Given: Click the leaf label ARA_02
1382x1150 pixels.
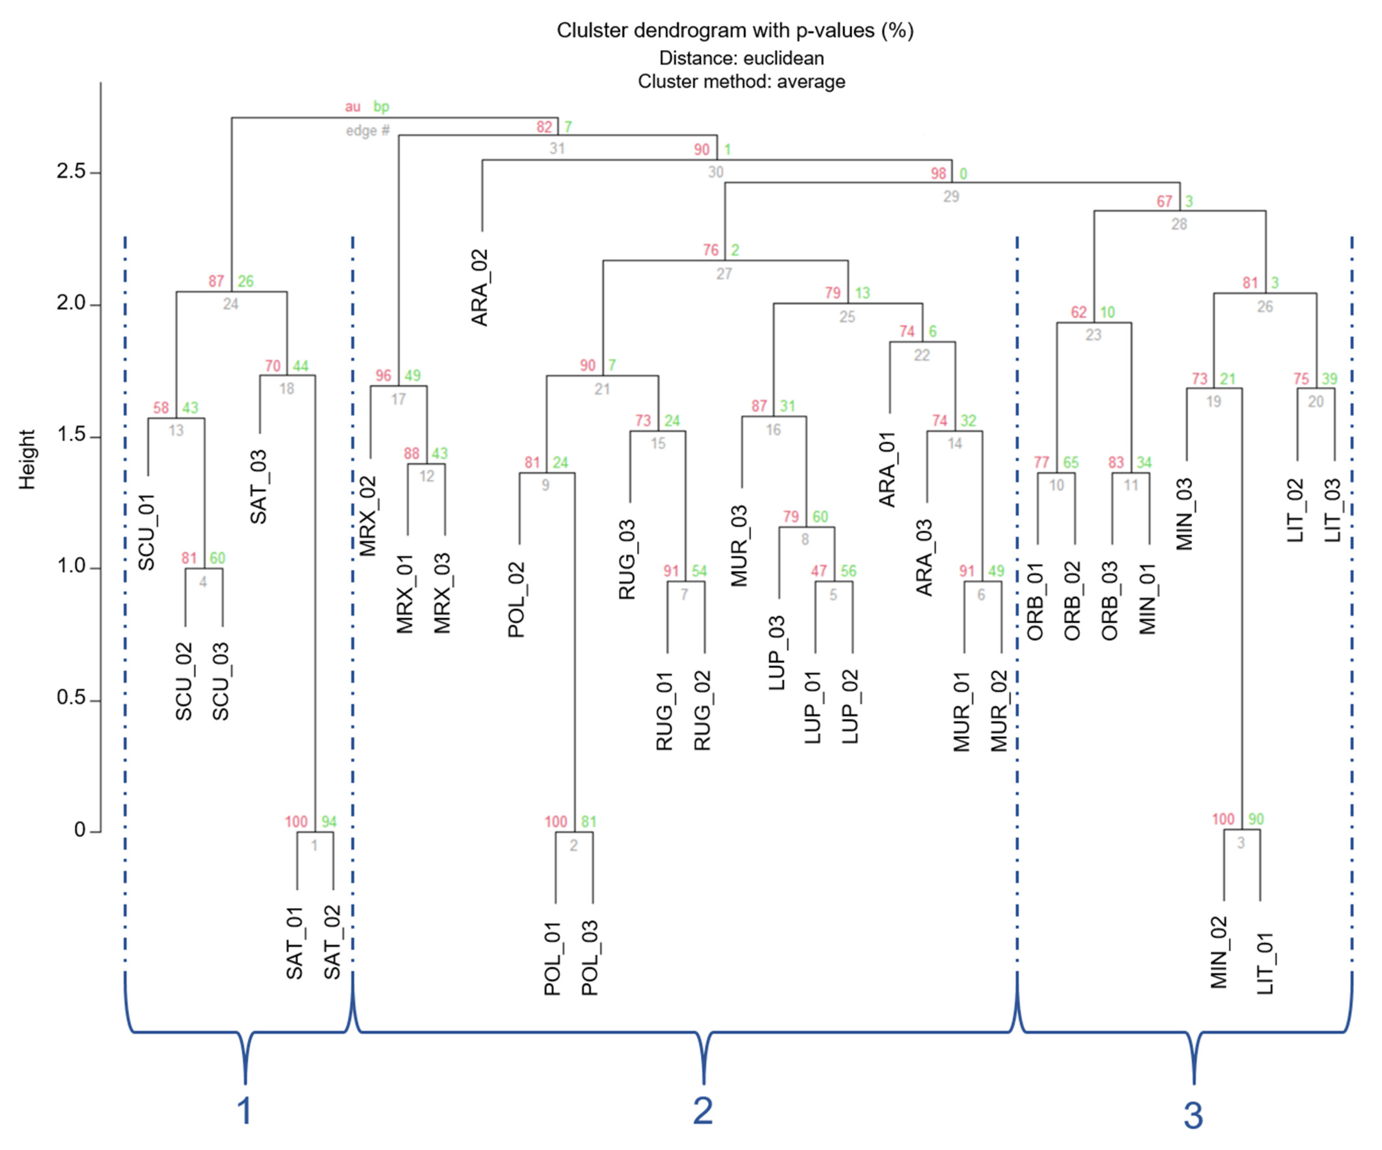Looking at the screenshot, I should point(480,287).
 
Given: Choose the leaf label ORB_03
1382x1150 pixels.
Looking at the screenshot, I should point(1110,601).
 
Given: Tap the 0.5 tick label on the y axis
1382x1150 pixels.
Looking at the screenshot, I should point(71,697).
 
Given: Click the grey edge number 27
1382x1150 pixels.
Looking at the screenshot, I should point(724,274).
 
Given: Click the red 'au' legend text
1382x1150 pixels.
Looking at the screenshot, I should point(353,107).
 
